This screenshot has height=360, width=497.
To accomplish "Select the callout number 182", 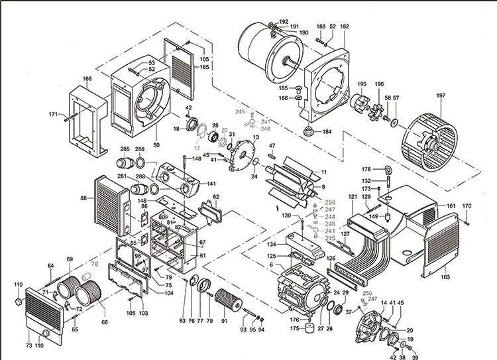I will click(x=345, y=27).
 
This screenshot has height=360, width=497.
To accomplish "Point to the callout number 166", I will click(x=87, y=79).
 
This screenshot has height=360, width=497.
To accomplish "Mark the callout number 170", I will click(x=467, y=206).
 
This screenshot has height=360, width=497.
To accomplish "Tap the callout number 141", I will click(x=211, y=184).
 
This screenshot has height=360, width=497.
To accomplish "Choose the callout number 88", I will click(x=83, y=198).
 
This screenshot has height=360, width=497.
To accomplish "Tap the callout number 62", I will click(x=215, y=197).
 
